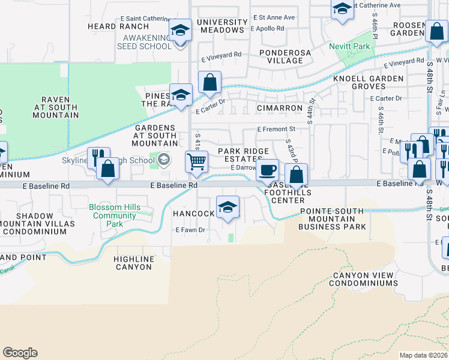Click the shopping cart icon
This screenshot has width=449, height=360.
pyautogui.click(x=196, y=161)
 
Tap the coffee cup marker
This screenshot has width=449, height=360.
pyautogui.click(x=267, y=170)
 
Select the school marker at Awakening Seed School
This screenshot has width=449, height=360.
pyautogui.click(x=179, y=30)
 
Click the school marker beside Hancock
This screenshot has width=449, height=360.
pyautogui.click(x=228, y=208)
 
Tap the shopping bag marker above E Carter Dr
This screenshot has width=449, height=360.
pyautogui.click(x=209, y=82)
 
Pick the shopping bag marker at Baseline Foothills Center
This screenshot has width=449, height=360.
pyautogui.click(x=296, y=175)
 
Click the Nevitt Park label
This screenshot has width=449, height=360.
pyautogui.click(x=349, y=46)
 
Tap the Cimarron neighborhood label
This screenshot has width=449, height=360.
pyautogui.click(x=279, y=108)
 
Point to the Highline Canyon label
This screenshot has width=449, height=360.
pyautogui.click(x=133, y=263)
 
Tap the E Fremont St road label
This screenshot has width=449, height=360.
pyautogui.click(x=276, y=129)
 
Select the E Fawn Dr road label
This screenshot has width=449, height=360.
pyautogui.click(x=190, y=230)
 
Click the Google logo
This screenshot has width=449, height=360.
pyautogui.click(x=20, y=353)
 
